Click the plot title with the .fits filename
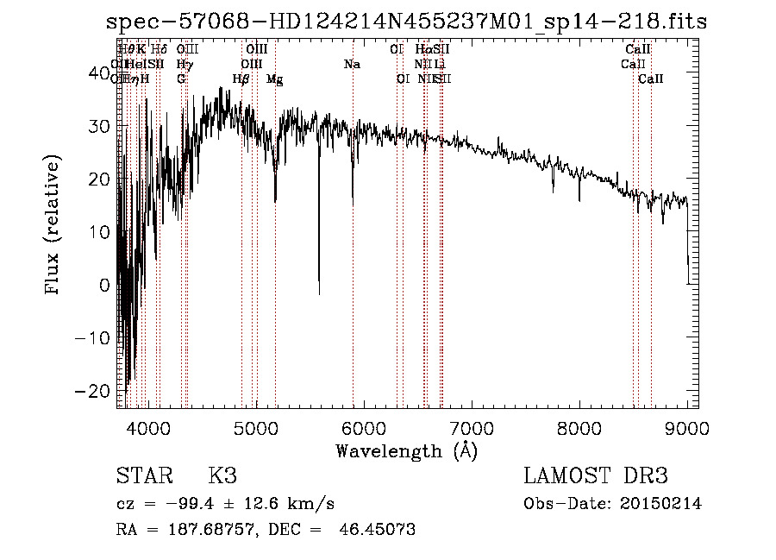(405, 22)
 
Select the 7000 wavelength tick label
(472, 426)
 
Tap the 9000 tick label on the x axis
(687, 426)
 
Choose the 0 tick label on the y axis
(105, 285)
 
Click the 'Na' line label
(351, 65)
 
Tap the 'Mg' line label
(275, 79)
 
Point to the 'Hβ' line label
(241, 79)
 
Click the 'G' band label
(181, 79)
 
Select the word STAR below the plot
(143, 476)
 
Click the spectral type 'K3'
(222, 476)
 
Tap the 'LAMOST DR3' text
(596, 476)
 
